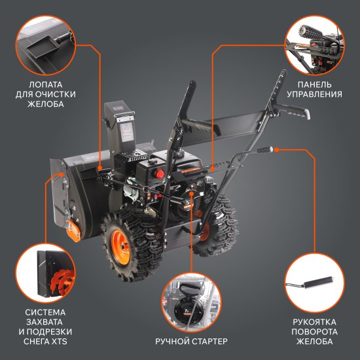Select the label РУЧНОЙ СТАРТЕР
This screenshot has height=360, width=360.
pos(190,342)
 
